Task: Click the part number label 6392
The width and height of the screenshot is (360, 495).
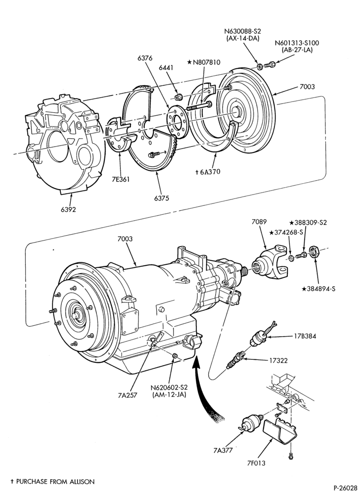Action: [68, 209]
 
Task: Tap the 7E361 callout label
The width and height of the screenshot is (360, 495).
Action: [120, 179]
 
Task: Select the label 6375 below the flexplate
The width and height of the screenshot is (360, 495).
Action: [161, 198]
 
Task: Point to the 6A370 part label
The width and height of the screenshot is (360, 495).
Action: [210, 172]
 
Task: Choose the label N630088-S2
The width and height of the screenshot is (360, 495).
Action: [243, 31]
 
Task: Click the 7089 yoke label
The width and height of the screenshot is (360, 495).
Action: [260, 222]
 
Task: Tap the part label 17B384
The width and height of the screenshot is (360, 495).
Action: [305, 336]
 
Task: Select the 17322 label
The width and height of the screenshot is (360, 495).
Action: [278, 360]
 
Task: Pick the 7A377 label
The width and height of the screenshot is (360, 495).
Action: [223, 450]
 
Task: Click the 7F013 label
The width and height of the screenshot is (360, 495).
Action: [256, 463]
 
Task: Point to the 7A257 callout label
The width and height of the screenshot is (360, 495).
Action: [128, 395]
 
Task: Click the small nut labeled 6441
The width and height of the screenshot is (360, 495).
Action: [178, 97]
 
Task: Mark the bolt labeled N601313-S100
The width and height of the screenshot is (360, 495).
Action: [270, 65]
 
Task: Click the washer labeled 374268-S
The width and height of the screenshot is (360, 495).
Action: [292, 258]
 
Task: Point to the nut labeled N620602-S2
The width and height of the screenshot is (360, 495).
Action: [176, 357]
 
